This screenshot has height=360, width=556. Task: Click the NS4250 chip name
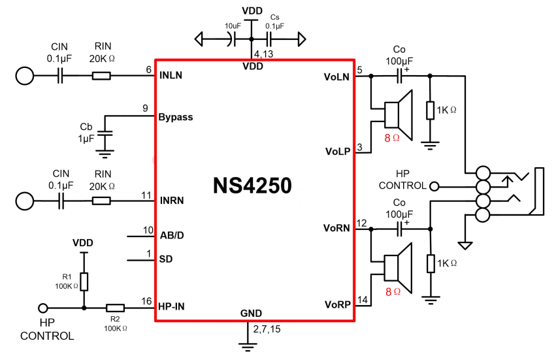coord(252,186)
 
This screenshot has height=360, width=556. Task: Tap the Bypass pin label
coord(176,118)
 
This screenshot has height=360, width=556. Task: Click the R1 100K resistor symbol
coord(84,281)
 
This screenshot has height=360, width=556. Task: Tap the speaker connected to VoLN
coord(397,115)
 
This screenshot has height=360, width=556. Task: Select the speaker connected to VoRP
coord(397,267)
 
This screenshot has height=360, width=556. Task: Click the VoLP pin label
coord(337,151)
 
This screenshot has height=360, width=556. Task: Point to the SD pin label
coord(166,260)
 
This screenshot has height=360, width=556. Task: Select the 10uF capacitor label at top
coord(233,25)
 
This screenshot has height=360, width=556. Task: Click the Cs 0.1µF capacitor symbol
coord(268,40)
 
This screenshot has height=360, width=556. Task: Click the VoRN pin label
coord(336,229)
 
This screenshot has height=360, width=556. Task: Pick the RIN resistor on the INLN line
coord(101,76)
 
